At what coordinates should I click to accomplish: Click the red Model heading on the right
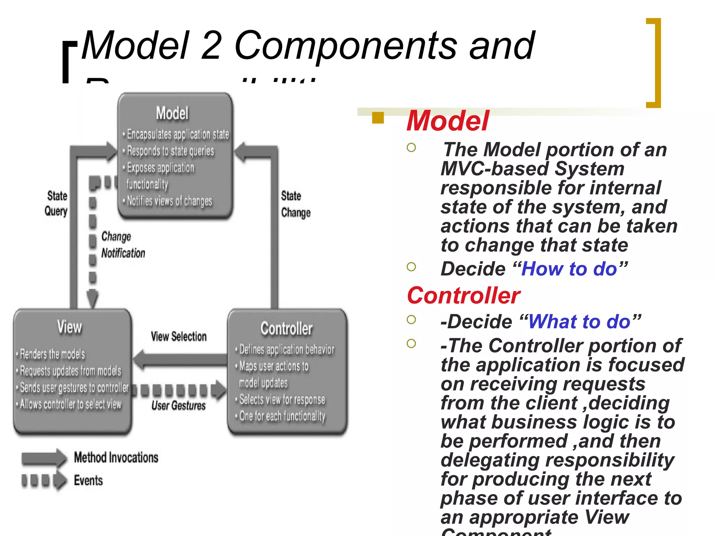pos(448,121)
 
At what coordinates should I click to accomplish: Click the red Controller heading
pos(463,296)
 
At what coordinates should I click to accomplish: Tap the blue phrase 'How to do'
pos(569,269)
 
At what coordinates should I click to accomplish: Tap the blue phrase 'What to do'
pos(580,321)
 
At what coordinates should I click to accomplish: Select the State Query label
pos(56,203)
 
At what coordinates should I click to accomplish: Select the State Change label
pos(295,204)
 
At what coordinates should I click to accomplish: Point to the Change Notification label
pos(123,245)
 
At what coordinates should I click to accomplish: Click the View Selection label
pos(178,336)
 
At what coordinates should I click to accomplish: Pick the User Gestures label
pos(178,405)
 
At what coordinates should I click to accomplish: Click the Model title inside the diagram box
pos(172,113)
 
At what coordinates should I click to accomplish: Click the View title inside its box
pos(69,327)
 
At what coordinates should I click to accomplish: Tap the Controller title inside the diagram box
pos(286,328)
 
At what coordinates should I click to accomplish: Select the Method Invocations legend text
pos(116,457)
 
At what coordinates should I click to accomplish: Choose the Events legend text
pos(88,481)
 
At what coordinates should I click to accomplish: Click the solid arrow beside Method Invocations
pos(44,458)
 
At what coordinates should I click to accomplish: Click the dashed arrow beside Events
pos(44,481)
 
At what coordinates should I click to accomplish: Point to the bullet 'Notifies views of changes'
pos(169,201)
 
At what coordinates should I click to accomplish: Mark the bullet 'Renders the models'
pos(52,354)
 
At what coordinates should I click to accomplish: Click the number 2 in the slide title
pos(211,45)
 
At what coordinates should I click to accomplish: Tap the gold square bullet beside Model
pos(378,118)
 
